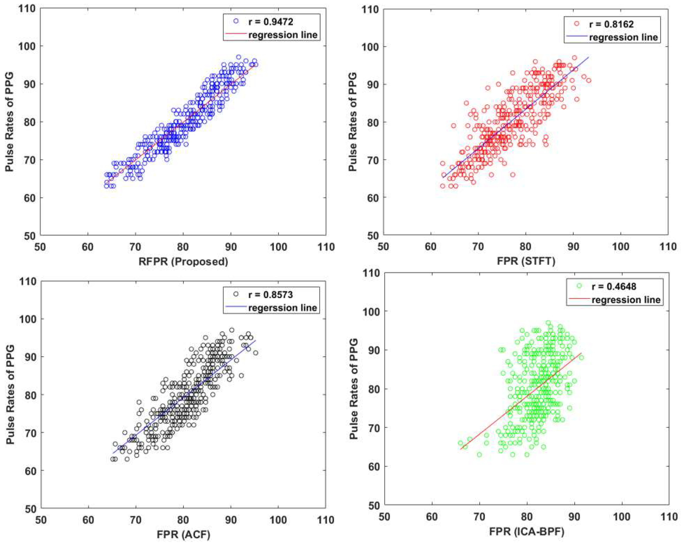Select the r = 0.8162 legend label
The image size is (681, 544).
tap(611, 24)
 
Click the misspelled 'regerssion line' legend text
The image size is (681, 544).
tap(283, 308)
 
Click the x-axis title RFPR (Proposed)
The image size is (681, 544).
tap(183, 262)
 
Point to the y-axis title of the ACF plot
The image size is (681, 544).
tap(10, 395)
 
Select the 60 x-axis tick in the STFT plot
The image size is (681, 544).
tap(431, 247)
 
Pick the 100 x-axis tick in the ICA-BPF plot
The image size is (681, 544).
tap(622, 517)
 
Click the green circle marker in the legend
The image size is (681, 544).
tap(579, 286)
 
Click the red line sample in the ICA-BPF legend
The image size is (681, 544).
tap(579, 298)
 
